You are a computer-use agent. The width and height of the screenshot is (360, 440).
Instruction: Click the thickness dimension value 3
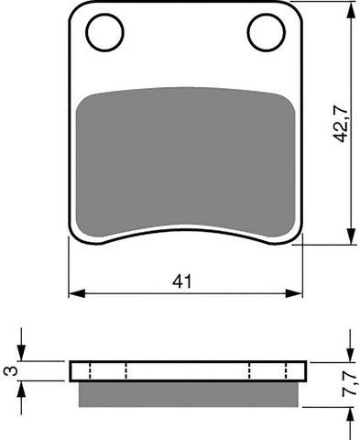click(x=10, y=371)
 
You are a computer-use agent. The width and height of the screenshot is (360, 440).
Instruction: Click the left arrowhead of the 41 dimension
click(x=76, y=294)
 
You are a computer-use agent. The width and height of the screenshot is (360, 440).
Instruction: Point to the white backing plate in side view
click(x=189, y=370)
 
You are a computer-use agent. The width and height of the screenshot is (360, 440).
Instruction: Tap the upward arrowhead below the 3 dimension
click(x=26, y=387)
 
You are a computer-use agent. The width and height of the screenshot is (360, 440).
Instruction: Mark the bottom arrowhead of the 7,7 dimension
click(x=349, y=411)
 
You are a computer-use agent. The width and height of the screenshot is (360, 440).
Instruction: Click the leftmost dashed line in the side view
click(x=91, y=370)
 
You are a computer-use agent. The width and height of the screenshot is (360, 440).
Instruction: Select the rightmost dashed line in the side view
click(x=287, y=370)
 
